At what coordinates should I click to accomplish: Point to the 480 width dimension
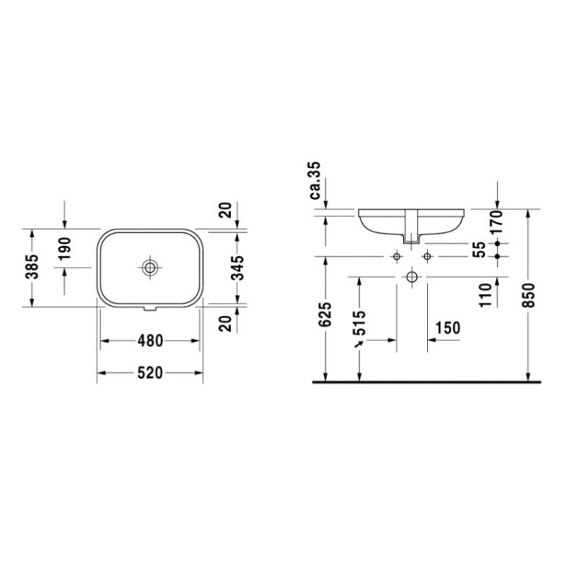coord(149,340)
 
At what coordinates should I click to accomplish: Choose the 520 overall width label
coord(149,373)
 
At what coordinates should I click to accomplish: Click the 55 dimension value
coord(478,250)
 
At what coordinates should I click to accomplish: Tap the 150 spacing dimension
coord(447,327)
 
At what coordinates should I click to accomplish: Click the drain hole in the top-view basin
coord(150,267)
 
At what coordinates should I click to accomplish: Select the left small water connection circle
coord(396,257)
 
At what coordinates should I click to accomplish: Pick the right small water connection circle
coord(427,257)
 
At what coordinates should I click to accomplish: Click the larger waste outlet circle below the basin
coord(411,276)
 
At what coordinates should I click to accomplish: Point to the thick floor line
coord(426,382)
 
